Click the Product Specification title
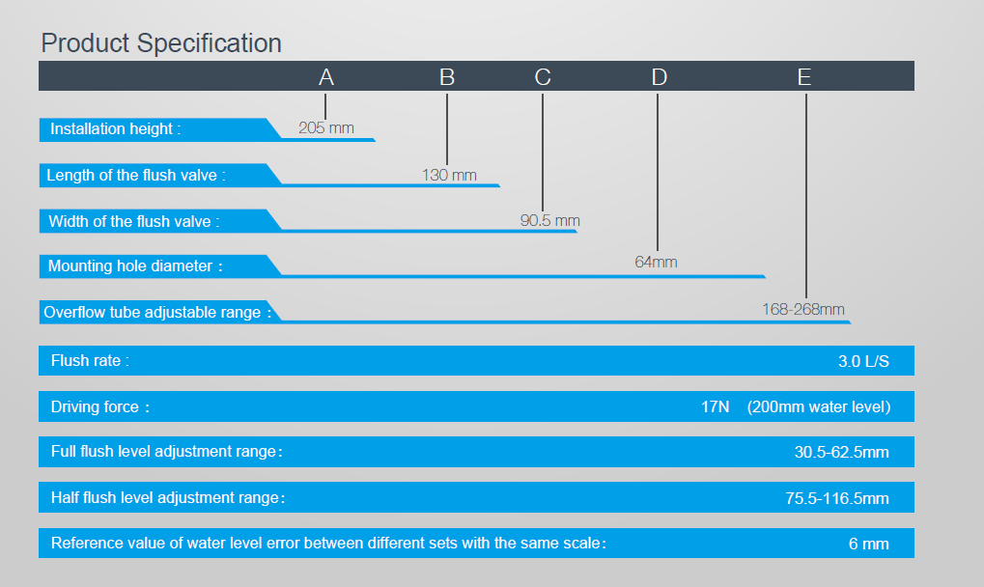[x=161, y=43]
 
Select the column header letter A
[x=325, y=77]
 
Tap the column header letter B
[x=447, y=77]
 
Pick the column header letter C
[x=543, y=77]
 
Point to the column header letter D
[x=659, y=77]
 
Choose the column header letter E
[x=804, y=77]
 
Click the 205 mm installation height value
[x=326, y=128]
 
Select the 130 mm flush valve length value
[x=449, y=175]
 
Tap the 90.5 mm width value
[x=550, y=221]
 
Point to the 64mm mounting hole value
[x=656, y=263]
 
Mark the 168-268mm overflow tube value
[x=803, y=309]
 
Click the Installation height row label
[x=116, y=129]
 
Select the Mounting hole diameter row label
[x=135, y=266]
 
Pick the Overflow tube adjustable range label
[x=157, y=312]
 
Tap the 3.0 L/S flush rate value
[x=863, y=361]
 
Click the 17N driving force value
[x=715, y=407]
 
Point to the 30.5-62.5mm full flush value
[x=841, y=452]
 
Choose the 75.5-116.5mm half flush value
[x=837, y=498]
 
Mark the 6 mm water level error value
[x=869, y=544]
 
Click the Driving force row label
[x=100, y=407]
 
